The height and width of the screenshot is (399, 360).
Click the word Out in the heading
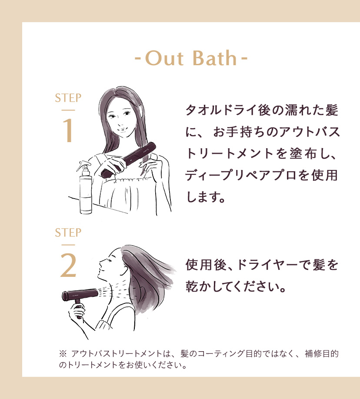tap(164, 58)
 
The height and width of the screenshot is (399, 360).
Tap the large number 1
tap(68, 130)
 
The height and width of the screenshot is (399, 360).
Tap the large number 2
tap(68, 266)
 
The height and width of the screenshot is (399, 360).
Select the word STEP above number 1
tap(68, 98)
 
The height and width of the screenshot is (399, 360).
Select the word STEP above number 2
tap(68, 233)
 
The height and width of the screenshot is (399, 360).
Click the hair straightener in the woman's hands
tap(129, 160)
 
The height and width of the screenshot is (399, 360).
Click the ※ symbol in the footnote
tap(63, 353)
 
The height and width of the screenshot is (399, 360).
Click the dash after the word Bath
tap(244, 59)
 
